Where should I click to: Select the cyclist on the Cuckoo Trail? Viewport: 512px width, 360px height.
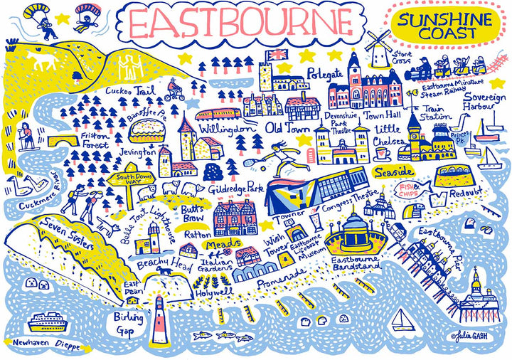click(x=176, y=92)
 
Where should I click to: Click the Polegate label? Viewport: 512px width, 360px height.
click(x=326, y=73)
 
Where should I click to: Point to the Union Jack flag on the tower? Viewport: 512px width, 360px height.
click(x=274, y=55)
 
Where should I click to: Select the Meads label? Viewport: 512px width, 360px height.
click(x=217, y=243)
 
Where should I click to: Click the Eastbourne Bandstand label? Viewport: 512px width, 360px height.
click(x=356, y=264)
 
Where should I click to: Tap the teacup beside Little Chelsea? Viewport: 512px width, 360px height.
click(x=381, y=152)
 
